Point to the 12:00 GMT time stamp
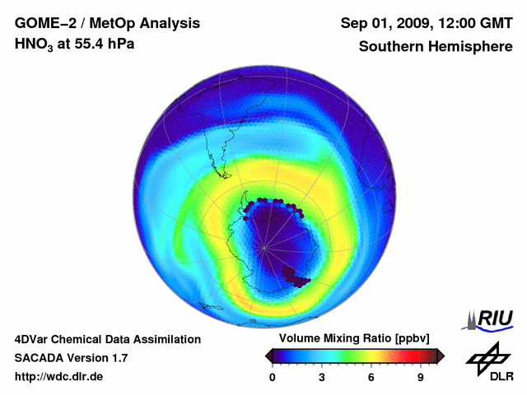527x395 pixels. click(x=477, y=22)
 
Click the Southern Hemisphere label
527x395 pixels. click(x=436, y=46)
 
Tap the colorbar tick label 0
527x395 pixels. click(x=273, y=377)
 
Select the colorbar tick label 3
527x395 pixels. click(x=322, y=377)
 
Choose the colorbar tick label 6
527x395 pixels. click(x=371, y=377)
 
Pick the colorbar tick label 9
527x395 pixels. click(x=420, y=377)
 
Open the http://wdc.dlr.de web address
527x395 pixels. click(x=59, y=377)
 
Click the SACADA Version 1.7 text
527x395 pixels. click(x=71, y=358)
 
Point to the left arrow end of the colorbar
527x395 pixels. click(x=269, y=355)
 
